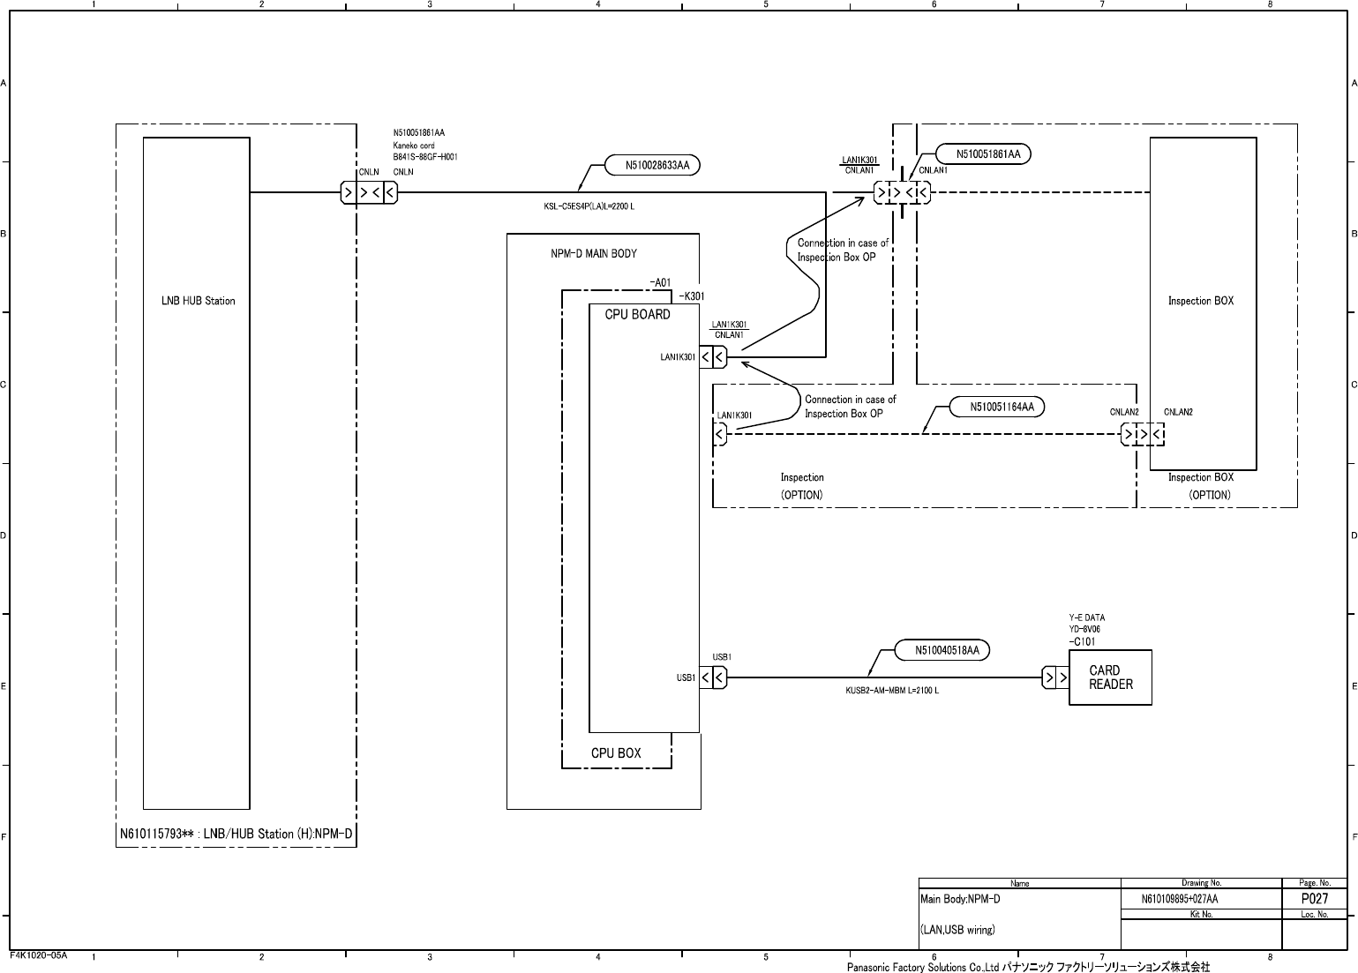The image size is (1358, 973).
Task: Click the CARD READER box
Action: coord(1110,677)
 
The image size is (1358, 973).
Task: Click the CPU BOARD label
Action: coord(637,314)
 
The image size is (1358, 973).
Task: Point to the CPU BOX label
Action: coord(616,753)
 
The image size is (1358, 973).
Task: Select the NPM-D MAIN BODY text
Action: coord(594,253)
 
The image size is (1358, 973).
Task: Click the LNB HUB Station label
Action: coord(199,301)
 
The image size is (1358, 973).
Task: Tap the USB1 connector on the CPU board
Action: coord(713,677)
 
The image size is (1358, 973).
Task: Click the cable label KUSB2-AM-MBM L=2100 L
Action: coord(892,691)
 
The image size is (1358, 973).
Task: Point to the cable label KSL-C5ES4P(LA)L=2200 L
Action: coord(589,206)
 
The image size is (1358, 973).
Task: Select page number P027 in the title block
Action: coord(1315,898)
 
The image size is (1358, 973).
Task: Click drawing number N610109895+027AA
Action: coord(1180,899)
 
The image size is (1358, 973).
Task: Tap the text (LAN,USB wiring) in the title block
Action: coord(957,930)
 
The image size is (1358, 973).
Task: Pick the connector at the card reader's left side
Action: coord(1055,677)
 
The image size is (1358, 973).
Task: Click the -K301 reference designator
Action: coord(692,296)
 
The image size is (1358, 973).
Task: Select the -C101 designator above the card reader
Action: coord(1082,641)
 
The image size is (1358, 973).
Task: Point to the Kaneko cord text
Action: coord(414,146)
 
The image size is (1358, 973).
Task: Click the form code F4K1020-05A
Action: coord(39,955)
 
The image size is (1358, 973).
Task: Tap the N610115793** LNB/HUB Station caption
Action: coord(236,834)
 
